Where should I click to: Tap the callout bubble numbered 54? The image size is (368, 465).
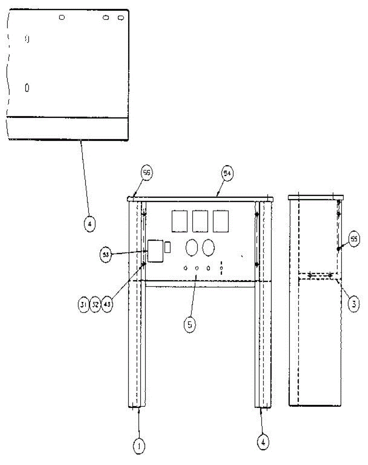pos(227,173)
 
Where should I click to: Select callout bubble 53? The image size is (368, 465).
pos(105,255)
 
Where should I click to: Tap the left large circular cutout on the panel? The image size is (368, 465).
pos(192,248)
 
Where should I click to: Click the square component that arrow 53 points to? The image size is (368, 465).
pos(156,251)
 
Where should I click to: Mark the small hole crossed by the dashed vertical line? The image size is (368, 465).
pos(221,268)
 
